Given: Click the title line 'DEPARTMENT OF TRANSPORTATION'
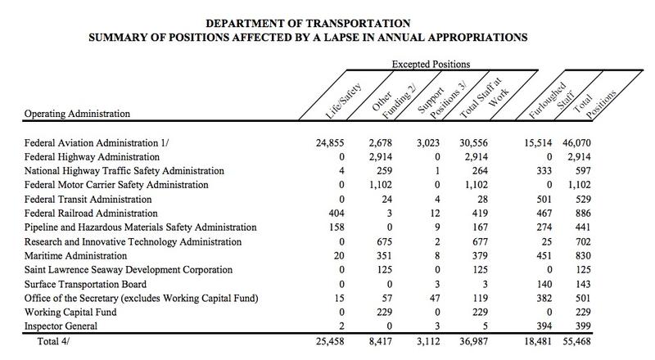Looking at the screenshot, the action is (308, 24).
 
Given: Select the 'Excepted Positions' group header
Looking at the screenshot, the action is (431, 65).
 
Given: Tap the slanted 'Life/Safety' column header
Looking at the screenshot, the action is (343, 101).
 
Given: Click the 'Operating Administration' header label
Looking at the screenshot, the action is (77, 114).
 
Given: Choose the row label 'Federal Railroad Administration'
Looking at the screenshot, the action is (91, 214).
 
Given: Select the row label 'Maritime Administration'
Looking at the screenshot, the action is (75, 256).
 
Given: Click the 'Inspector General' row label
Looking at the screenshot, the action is (61, 326).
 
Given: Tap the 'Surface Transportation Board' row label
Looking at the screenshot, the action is (85, 285).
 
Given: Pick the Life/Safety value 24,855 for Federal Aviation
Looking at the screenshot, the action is (330, 143).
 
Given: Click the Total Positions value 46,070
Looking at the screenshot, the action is (576, 143).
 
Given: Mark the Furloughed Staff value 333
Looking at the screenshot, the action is (544, 171).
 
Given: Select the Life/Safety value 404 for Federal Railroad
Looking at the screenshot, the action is (337, 214).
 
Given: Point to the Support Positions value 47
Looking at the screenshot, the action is (435, 298).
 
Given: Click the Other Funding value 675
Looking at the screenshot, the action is (384, 242).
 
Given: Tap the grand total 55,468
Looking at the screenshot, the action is (576, 342).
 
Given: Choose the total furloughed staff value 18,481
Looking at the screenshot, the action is (538, 342).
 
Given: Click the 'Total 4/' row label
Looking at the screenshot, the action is (53, 342).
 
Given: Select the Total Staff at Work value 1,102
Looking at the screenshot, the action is (477, 185).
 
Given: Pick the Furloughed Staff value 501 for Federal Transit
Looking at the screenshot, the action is (544, 199).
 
